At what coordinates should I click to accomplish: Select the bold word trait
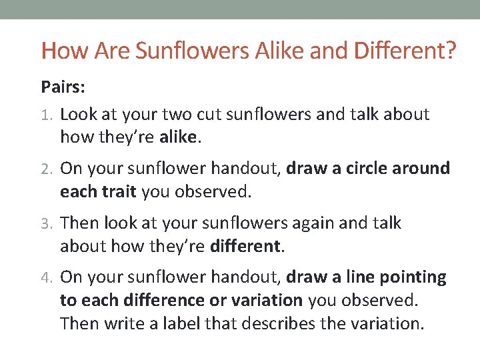[x=119, y=192]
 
